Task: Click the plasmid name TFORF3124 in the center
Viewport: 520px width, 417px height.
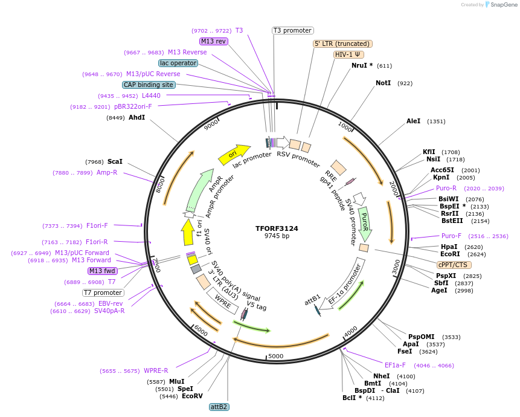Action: (277, 228)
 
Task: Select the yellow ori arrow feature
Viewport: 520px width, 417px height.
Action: (234, 155)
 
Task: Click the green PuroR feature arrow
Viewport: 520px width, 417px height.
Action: (364, 223)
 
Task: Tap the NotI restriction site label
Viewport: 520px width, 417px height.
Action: (383, 83)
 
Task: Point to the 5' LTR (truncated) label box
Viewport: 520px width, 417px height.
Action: (342, 44)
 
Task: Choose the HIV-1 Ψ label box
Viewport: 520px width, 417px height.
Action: (348, 54)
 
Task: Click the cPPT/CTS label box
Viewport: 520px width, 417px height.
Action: (454, 265)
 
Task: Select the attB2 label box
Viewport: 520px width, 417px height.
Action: (219, 407)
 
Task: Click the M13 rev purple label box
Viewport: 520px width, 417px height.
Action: (213, 41)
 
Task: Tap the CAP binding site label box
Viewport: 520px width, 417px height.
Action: (149, 85)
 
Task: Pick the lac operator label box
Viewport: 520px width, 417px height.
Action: (178, 63)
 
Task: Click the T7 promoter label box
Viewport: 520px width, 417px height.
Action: (103, 293)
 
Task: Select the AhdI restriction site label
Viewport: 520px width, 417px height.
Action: (136, 117)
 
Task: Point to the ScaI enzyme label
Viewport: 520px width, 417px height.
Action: (115, 161)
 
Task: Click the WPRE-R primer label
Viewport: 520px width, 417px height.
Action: (156, 370)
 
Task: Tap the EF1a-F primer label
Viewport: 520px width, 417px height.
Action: (395, 365)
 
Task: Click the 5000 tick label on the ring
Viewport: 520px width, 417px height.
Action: (275, 356)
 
